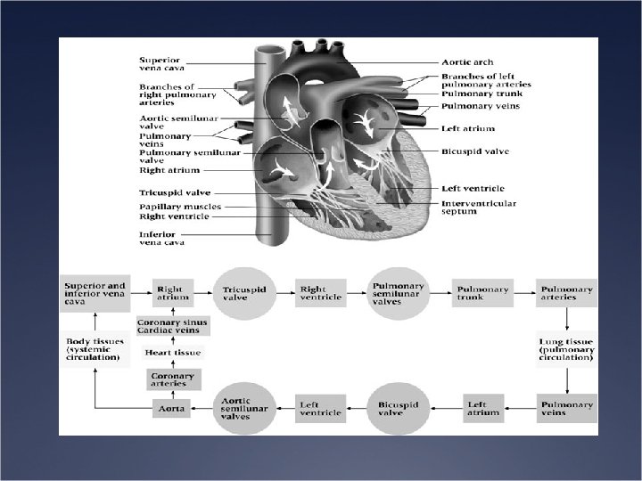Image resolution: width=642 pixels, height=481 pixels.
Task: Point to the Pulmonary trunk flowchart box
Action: [481, 293]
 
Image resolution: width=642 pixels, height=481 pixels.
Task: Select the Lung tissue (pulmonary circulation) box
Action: [566, 348]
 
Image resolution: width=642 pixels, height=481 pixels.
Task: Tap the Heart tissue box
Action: [173, 353]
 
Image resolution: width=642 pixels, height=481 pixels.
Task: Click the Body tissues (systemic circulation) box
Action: [93, 348]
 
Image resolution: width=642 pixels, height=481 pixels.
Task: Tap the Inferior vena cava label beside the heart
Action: [160, 238]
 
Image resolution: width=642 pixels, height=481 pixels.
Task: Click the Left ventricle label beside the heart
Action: [473, 189]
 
